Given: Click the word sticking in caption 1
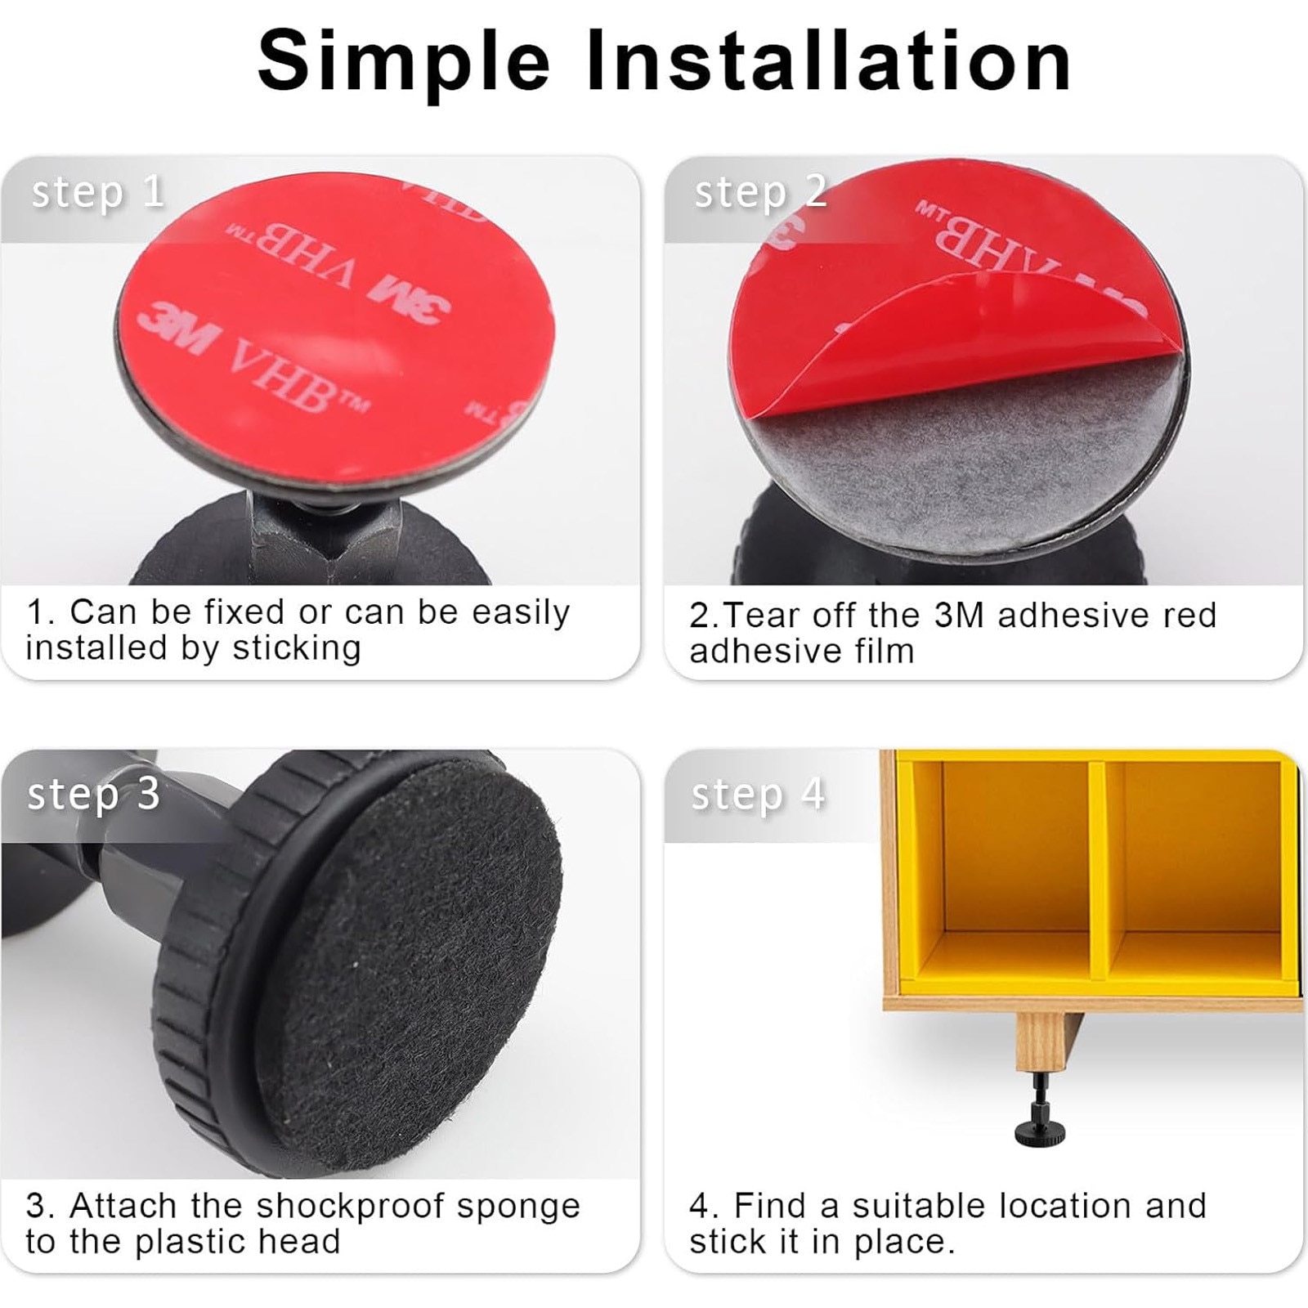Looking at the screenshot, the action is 297,649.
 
